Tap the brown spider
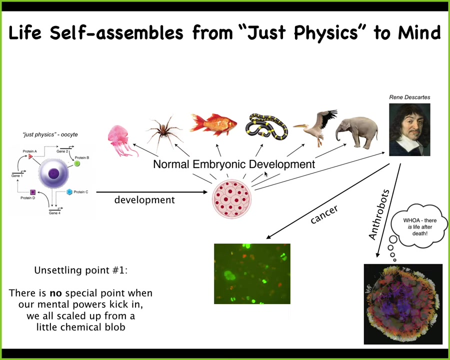(x=164, y=131)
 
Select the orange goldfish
(x=213, y=124)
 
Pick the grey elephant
(x=356, y=132)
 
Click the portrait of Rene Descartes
(x=409, y=129)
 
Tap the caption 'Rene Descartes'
(x=409, y=97)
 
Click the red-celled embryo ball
(x=232, y=199)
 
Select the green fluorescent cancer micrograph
(x=252, y=273)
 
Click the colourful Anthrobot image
(x=403, y=304)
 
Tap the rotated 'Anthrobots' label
(x=379, y=214)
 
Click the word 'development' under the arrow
(x=144, y=200)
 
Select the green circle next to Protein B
(x=77, y=163)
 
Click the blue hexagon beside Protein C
(x=69, y=192)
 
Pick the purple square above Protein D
(x=32, y=192)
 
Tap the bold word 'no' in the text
(x=55, y=293)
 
